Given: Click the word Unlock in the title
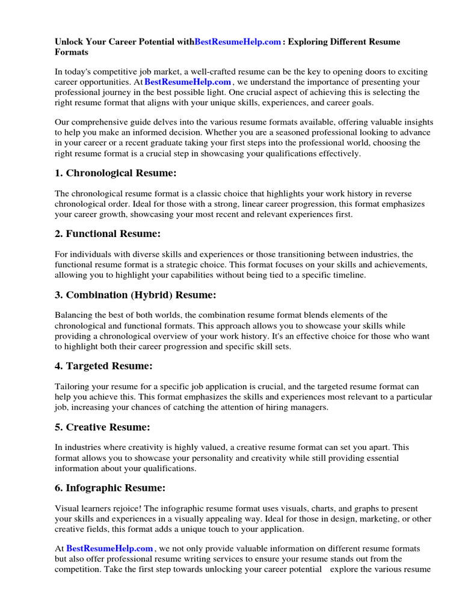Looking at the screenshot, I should (x=69, y=42).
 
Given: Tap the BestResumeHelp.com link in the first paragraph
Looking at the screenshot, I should (x=188, y=82).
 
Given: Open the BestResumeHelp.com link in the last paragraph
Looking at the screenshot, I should (x=109, y=549).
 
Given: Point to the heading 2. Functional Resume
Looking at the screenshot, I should (x=108, y=233).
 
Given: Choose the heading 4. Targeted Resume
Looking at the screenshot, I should (x=103, y=366).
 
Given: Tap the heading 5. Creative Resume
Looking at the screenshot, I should (x=102, y=427).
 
